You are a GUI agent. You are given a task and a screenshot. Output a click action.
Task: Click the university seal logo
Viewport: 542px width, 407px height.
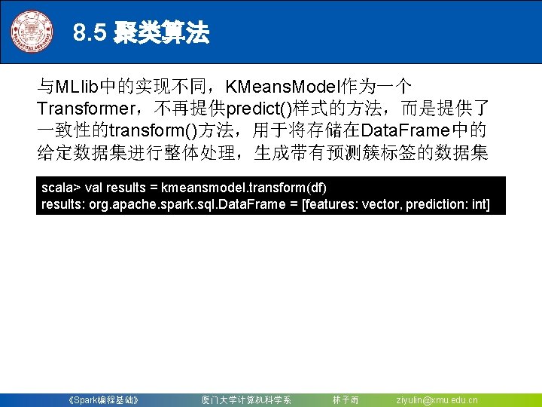coord(32,32)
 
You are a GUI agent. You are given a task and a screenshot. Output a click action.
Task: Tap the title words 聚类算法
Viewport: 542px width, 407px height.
coord(161,33)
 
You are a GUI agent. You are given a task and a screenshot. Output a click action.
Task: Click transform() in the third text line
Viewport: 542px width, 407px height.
coord(152,131)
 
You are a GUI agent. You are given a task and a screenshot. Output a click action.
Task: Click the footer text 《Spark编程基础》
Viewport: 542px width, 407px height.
coord(102,399)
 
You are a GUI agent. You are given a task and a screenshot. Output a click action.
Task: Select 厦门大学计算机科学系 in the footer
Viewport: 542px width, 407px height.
coord(246,399)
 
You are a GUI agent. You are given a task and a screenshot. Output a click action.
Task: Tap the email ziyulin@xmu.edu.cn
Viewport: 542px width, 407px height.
coord(437,399)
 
